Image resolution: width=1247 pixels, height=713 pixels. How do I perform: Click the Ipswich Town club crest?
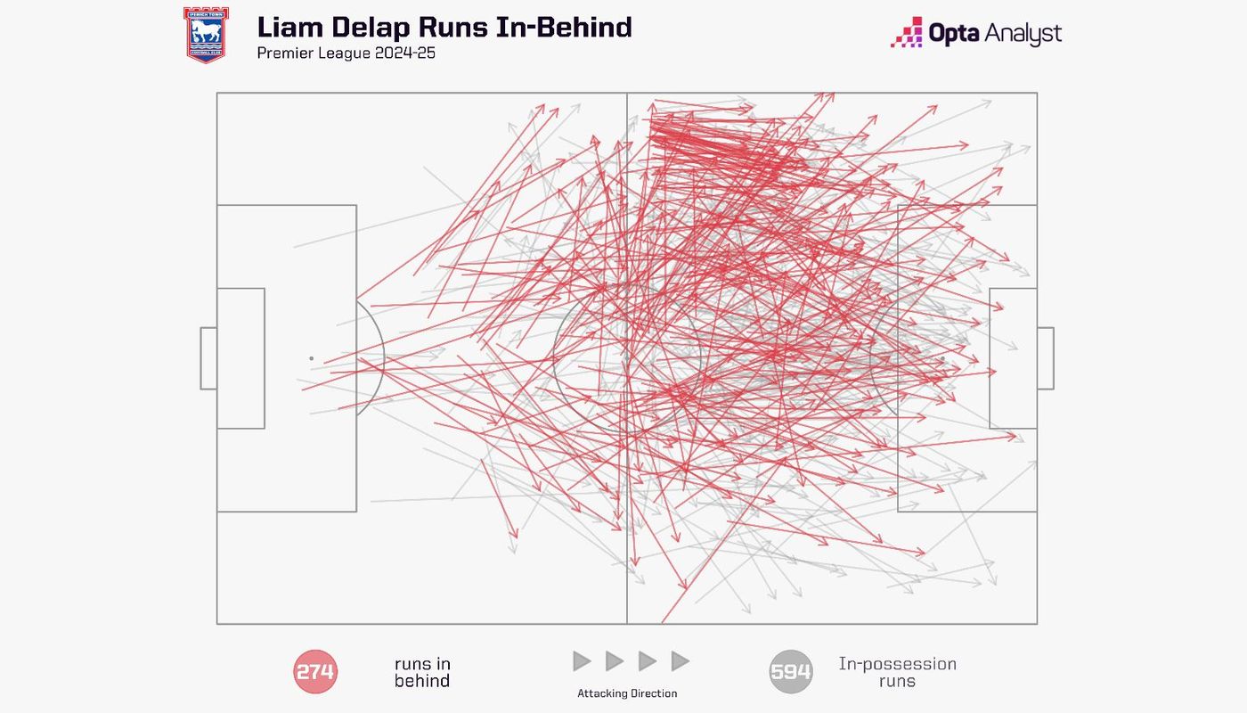[x=206, y=35]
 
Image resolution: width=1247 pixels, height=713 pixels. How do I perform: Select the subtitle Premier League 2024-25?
[x=346, y=53]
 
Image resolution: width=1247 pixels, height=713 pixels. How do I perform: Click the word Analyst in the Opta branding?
[x=1023, y=34]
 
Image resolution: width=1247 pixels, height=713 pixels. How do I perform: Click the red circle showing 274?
[x=315, y=672]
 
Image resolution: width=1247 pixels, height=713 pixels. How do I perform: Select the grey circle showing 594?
[x=791, y=672]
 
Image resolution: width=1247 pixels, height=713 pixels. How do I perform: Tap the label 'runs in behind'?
[x=422, y=672]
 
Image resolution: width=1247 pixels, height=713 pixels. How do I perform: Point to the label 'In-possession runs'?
[x=897, y=672]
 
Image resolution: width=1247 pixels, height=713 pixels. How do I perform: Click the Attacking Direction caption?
[x=627, y=693]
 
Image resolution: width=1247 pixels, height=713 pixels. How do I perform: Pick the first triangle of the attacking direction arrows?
[x=583, y=661]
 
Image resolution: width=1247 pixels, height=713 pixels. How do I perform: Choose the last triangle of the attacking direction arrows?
[x=681, y=661]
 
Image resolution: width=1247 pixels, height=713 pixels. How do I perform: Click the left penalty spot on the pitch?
[x=311, y=358]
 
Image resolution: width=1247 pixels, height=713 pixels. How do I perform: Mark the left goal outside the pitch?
[x=208, y=358]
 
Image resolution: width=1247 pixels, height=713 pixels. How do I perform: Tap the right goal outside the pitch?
[x=1046, y=358]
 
